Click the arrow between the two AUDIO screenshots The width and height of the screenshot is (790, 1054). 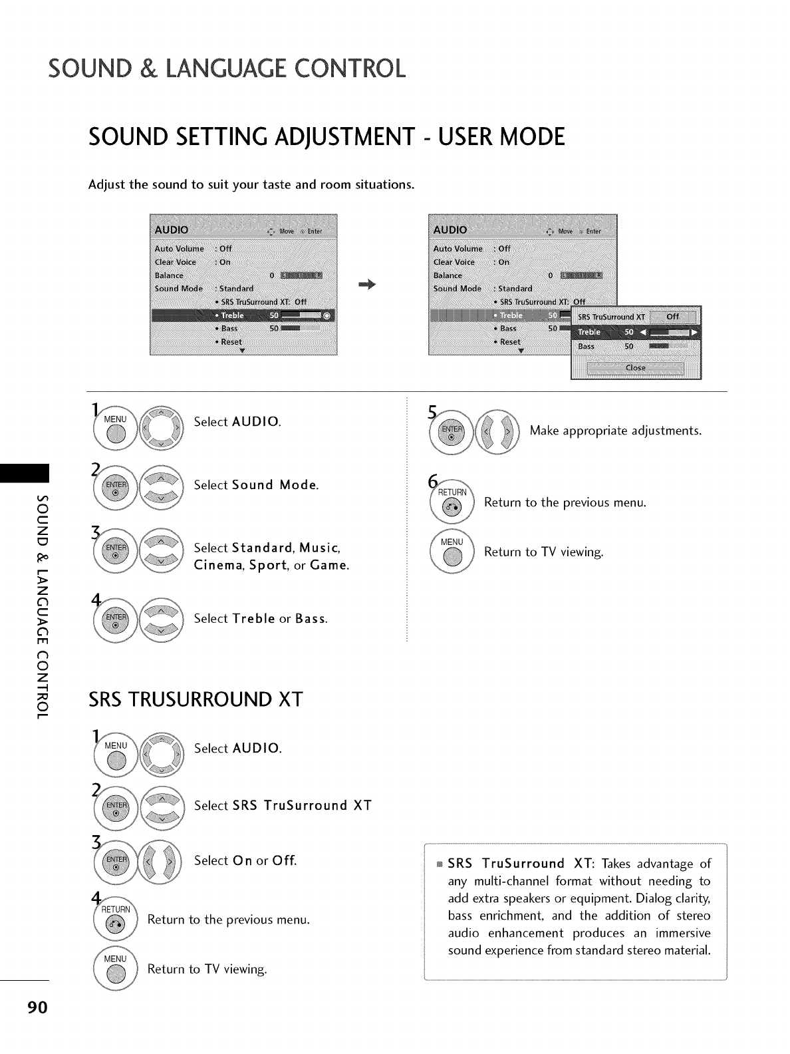pyautogui.click(x=367, y=284)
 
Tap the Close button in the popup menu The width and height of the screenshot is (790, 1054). pyautogui.click(x=635, y=368)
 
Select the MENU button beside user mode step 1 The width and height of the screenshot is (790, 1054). pyautogui.click(x=116, y=427)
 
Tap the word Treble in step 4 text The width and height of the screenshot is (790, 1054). pyautogui.click(x=254, y=618)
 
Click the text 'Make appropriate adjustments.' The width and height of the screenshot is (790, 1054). pyautogui.click(x=615, y=431)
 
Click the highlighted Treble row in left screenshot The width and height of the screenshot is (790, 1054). pyautogui.click(x=243, y=315)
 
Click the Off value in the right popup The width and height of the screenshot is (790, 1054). pyautogui.click(x=672, y=317)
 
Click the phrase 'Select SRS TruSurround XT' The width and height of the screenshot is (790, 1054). pyautogui.click(x=283, y=805)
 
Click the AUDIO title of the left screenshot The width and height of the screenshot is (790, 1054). pyautogui.click(x=172, y=230)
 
